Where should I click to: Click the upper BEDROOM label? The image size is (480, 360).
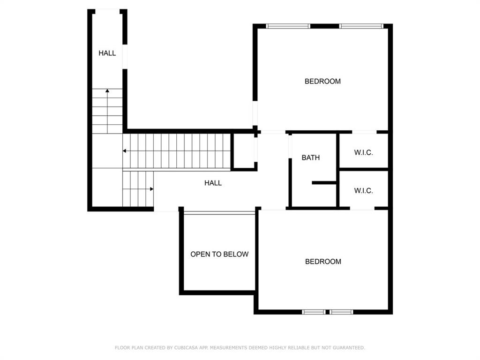tap(322, 81)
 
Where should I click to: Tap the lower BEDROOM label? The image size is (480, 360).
tap(323, 262)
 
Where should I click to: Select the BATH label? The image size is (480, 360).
tap(311, 157)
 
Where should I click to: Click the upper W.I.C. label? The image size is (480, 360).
tap(363, 152)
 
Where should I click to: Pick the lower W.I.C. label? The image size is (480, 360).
tap(363, 191)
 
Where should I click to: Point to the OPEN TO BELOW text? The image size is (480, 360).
tap(219, 254)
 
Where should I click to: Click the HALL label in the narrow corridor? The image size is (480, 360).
tap(107, 53)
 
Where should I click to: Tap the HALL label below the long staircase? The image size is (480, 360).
tap(213, 183)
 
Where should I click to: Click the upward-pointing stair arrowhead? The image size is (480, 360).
tap(107, 90)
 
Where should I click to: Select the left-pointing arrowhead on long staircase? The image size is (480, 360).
tap(125, 151)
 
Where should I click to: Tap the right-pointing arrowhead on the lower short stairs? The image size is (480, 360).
tap(152, 189)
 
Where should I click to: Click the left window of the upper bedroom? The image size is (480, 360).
tap(288, 26)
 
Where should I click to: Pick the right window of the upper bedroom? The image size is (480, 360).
tap(361, 26)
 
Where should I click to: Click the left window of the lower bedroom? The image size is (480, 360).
tap(314, 312)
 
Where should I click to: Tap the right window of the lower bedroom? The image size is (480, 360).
tap(341, 312)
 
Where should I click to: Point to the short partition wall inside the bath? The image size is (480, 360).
tap(324, 182)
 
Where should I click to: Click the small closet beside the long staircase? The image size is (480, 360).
tap(244, 151)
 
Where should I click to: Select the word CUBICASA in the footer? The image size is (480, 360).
tap(185, 348)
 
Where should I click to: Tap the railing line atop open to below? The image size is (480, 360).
tap(219, 213)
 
